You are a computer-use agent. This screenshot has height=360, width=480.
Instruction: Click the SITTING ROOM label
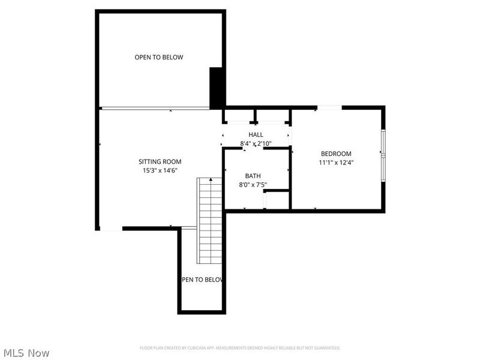[x=160, y=161]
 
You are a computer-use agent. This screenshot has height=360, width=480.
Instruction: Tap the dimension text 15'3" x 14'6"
[x=160, y=170]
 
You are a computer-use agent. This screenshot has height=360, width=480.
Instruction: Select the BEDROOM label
[x=336, y=153]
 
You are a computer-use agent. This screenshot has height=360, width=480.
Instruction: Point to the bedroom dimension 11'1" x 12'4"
[x=336, y=162]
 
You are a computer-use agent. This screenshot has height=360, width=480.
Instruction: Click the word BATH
[x=252, y=176]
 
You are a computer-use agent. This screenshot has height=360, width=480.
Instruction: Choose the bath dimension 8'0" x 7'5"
[x=252, y=185]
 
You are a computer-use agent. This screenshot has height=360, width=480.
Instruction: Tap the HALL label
[x=256, y=135]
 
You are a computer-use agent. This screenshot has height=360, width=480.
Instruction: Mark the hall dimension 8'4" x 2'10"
[x=256, y=144]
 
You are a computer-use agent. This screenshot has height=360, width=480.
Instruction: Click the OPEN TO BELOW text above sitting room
[x=158, y=57]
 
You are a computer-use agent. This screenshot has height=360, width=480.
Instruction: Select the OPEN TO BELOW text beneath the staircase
[x=202, y=280]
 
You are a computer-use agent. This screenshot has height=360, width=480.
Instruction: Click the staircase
[x=210, y=220]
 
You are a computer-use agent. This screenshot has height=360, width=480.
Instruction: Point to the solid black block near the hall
[x=216, y=88]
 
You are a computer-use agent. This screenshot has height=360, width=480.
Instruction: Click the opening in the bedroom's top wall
[x=329, y=107]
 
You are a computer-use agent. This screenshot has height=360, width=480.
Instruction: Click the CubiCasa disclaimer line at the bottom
[x=240, y=347]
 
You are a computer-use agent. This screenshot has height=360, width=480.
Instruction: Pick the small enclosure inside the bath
[x=277, y=200]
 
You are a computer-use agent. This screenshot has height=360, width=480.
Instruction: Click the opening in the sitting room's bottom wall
[x=110, y=229]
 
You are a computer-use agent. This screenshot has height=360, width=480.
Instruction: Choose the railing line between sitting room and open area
[x=154, y=108]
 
